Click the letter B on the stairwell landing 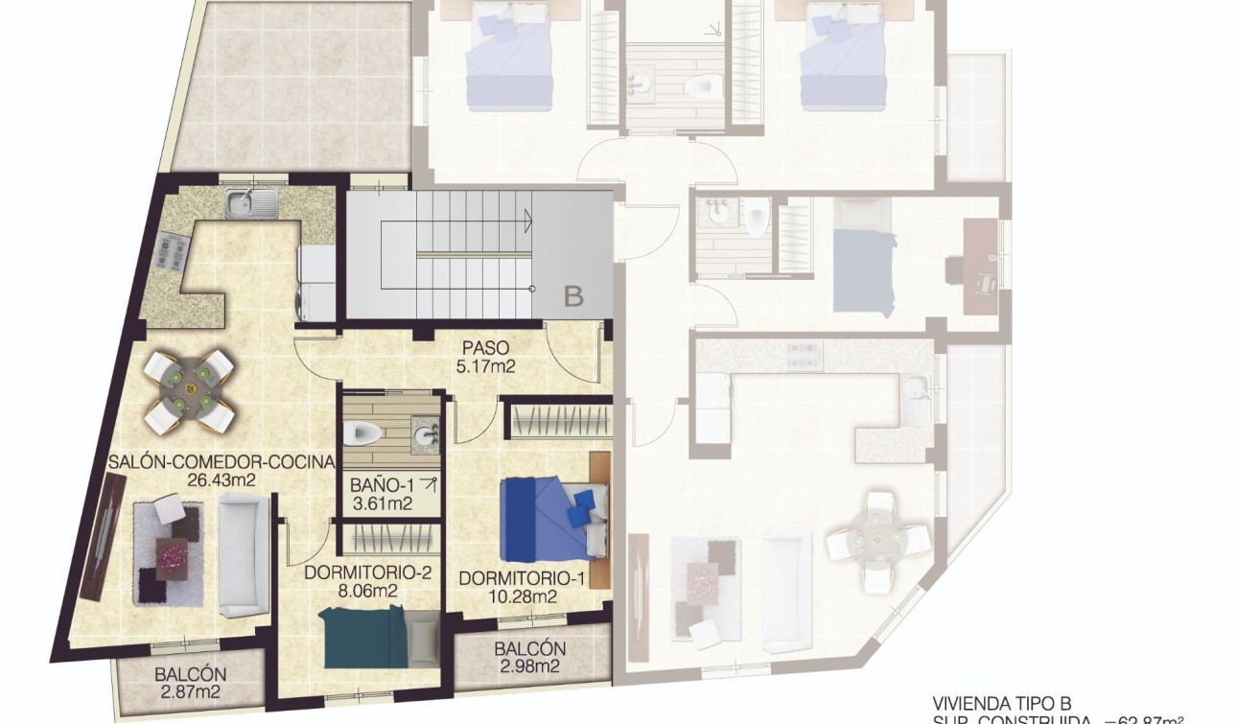[573, 296]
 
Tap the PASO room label [484, 347]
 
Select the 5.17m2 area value [484, 365]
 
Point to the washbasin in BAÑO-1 [425, 437]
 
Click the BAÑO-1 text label [382, 485]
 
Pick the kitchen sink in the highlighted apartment [251, 201]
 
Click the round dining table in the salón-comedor [189, 390]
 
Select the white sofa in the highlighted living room [241, 559]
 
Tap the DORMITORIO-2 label [368, 573]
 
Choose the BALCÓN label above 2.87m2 [190, 674]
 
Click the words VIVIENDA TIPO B [1001, 703]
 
